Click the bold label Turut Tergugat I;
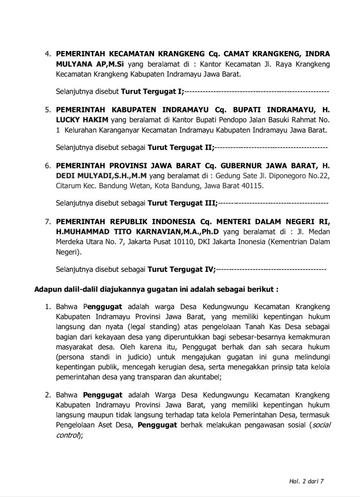tap(153, 91)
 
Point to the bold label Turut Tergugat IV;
tap(181, 268)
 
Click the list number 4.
tap(48, 53)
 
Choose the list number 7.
tap(48, 222)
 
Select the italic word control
tap(69, 435)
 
